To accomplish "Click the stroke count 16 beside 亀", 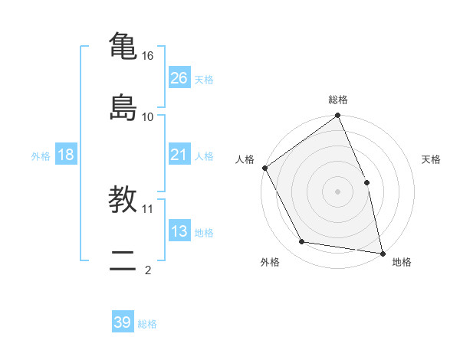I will (x=148, y=56).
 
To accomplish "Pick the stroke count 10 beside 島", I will (x=148, y=116).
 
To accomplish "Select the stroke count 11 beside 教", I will (x=148, y=208).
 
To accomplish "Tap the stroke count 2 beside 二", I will (x=148, y=270).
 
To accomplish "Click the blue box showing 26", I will (x=179, y=78).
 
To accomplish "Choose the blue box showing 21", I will (x=179, y=155).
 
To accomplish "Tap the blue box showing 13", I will (x=179, y=231).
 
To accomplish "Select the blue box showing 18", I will (x=66, y=155).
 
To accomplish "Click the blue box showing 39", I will (x=123, y=322).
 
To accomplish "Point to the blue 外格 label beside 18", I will (x=41, y=155).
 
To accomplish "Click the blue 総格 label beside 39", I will (x=147, y=324).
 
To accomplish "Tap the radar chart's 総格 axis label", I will (x=338, y=100).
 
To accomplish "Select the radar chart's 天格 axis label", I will (x=431, y=159).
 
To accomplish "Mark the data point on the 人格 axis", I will (x=264, y=168).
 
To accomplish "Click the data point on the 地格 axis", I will (x=383, y=253).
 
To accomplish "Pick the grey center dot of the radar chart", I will (x=337, y=191).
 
